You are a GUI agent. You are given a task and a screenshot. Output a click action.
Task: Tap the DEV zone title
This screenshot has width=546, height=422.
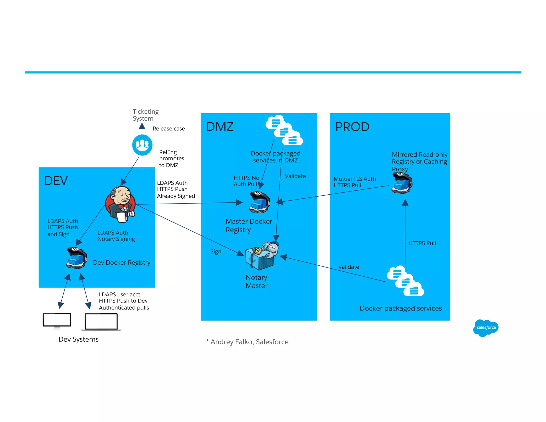(56, 181)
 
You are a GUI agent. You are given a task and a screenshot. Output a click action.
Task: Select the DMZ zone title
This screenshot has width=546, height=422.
(220, 127)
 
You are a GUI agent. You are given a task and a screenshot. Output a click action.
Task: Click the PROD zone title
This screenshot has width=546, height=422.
(352, 127)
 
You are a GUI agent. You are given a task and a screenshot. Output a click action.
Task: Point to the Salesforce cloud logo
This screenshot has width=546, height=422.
(485, 328)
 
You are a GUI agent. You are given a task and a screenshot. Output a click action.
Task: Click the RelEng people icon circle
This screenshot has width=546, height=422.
(142, 145)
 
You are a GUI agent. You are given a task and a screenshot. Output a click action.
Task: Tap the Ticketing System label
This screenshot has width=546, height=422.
(145, 115)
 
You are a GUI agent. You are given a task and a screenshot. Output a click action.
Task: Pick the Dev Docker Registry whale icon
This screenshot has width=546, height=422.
(77, 258)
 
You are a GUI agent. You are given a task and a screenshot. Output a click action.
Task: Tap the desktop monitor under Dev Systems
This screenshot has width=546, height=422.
(57, 320)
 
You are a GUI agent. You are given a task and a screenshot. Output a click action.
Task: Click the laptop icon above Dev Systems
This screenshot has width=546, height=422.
(101, 322)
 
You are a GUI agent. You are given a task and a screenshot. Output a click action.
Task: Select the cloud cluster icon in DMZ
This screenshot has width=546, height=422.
(284, 130)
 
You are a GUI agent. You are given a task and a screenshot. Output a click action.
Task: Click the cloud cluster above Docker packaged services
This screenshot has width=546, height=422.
(405, 281)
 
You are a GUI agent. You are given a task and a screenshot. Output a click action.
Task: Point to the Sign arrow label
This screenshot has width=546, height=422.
(216, 252)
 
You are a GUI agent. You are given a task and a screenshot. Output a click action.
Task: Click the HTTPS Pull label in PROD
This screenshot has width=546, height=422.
(422, 243)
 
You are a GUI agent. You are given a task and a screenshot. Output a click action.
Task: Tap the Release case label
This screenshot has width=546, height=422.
(168, 129)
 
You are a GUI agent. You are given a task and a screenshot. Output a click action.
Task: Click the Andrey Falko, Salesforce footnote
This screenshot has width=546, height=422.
(247, 342)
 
